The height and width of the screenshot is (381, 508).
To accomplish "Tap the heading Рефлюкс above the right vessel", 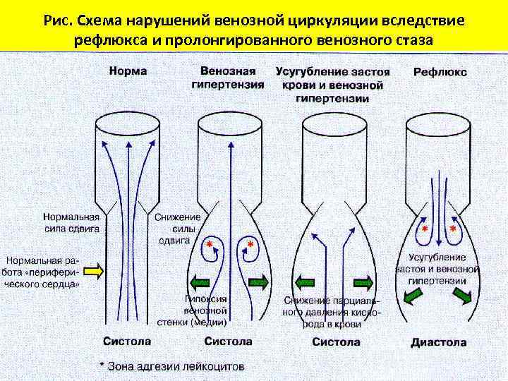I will [440, 72].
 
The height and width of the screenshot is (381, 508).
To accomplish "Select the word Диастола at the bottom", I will [438, 343].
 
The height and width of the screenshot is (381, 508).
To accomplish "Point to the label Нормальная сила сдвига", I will [71, 224].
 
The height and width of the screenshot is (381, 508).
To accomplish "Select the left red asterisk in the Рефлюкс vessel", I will [424, 231].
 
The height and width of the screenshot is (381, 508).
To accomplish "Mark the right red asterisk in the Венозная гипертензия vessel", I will [250, 244].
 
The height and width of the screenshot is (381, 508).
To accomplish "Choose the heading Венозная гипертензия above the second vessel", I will [227, 78].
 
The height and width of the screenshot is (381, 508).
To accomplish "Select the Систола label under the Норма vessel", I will [127, 341].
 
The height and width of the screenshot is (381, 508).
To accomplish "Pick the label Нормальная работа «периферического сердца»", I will [46, 268].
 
